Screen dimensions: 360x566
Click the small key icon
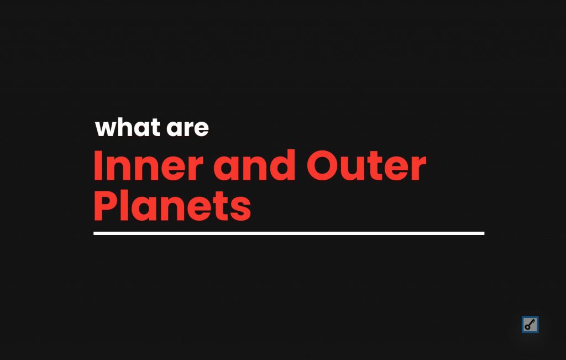coord(530,325)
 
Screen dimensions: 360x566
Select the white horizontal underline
coord(289,233)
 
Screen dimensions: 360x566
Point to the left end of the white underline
coord(95,233)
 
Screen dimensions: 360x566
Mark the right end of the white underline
coord(483,233)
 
